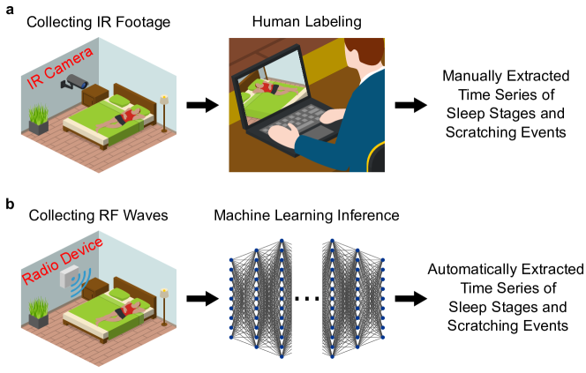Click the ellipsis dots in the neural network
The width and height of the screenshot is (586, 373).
tap(305, 300)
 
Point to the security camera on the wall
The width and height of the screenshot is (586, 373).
tap(79, 85)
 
